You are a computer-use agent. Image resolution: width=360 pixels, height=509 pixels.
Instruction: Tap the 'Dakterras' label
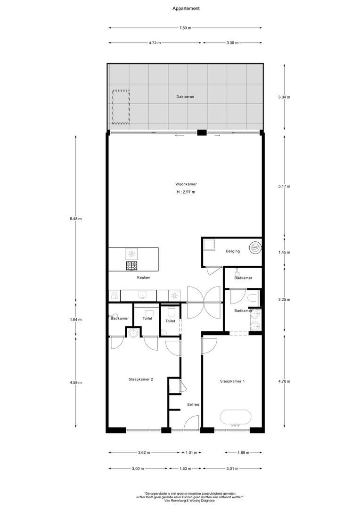(185, 97)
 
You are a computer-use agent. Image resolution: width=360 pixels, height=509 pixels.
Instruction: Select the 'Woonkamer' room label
(186, 184)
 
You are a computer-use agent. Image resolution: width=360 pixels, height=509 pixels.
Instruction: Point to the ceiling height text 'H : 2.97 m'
(186, 192)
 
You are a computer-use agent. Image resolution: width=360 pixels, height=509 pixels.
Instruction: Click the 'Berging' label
(232, 251)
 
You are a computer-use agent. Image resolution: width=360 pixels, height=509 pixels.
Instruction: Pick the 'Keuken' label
(144, 278)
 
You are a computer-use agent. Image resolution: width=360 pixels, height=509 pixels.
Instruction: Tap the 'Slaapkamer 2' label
(140, 379)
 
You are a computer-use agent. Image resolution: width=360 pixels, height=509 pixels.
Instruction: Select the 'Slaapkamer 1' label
(232, 381)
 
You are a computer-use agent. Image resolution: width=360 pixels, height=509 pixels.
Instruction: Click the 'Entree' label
(193, 404)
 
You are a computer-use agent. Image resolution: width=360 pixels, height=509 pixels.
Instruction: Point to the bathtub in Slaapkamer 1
(236, 417)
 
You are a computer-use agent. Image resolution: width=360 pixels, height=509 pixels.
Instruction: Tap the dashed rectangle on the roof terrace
(121, 107)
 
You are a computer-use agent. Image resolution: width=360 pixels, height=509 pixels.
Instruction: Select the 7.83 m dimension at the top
(186, 28)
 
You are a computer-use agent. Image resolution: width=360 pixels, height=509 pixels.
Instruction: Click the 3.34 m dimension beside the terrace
(284, 98)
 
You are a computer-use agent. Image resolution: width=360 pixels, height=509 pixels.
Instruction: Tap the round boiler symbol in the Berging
(255, 246)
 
